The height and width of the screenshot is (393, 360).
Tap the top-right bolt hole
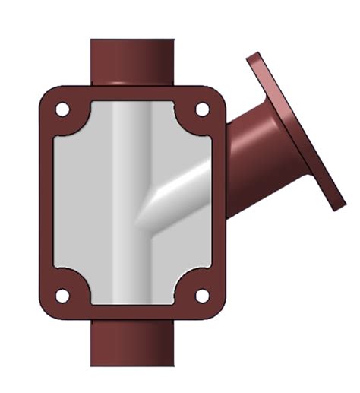[201, 109]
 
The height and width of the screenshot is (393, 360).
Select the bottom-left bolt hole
[62, 296]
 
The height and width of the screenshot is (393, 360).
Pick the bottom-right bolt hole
[201, 296]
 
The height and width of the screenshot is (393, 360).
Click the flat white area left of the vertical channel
[80, 205]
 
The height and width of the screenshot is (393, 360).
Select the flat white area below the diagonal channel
[186, 251]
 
